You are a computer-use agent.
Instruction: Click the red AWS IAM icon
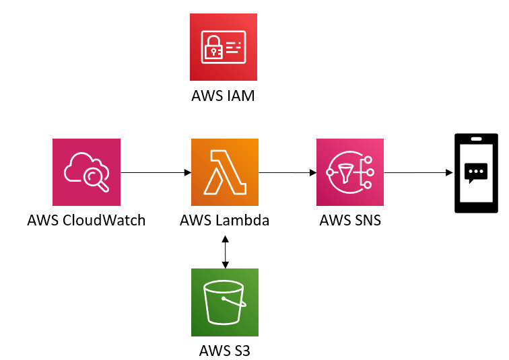(224, 47)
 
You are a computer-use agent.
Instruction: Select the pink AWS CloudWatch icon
(86, 172)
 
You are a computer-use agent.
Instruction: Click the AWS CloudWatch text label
(86, 220)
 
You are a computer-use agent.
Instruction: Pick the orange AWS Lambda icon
(225, 172)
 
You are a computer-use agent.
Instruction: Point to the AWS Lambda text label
(225, 220)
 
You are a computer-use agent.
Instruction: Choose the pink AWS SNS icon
(350, 172)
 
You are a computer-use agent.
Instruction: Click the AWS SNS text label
(350, 220)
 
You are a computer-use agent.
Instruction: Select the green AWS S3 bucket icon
(225, 302)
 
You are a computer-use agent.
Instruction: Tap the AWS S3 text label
(225, 350)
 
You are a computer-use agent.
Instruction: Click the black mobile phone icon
(477, 173)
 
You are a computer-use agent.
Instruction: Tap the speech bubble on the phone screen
(477, 173)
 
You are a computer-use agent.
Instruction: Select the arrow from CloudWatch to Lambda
(156, 173)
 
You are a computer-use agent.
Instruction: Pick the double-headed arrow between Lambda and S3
(225, 250)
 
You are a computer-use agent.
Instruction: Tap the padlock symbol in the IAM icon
(214, 49)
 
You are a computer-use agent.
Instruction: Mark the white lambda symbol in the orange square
(225, 172)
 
